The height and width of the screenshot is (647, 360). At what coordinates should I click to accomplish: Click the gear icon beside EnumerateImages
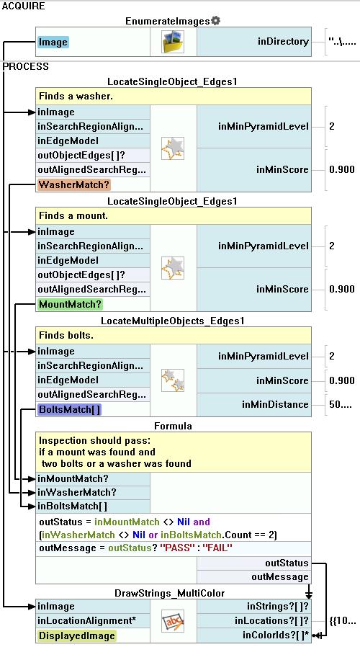point(215,21)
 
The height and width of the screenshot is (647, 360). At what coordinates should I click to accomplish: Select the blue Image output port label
point(53,42)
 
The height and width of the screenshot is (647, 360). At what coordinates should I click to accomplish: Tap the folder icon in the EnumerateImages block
point(173,42)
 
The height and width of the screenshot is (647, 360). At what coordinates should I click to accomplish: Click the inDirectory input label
point(283,42)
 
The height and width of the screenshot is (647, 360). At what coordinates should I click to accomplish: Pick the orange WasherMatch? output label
point(74,184)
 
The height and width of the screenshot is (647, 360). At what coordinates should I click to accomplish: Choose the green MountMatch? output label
point(70,305)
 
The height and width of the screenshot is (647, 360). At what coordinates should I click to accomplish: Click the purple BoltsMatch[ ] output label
point(69,410)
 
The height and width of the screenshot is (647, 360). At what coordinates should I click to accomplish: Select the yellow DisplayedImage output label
point(77,635)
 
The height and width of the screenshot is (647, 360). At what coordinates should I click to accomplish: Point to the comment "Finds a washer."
point(76,96)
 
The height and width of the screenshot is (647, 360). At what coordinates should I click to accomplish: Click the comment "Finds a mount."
point(73,216)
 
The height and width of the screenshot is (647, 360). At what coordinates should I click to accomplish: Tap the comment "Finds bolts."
point(66,336)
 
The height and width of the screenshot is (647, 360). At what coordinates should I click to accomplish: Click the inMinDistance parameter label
point(276,404)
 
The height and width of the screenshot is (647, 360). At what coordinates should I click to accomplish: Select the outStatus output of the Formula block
point(287,563)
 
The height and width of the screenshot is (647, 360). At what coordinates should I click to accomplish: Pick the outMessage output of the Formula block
point(280,577)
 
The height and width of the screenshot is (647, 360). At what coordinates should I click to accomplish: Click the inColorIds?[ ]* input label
point(276,635)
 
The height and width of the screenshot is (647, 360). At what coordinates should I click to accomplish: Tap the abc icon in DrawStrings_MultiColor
point(173,620)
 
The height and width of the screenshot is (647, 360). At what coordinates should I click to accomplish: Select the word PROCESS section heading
point(26,66)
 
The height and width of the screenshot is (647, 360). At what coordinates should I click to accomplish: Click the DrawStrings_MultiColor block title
point(169,593)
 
